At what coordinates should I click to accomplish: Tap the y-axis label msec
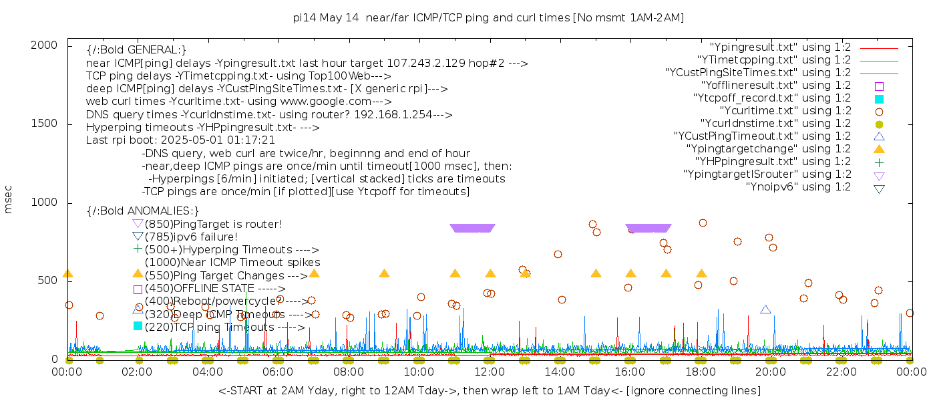point(9,199)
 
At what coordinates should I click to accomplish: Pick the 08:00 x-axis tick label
point(348,372)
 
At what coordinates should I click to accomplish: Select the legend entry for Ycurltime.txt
point(785,111)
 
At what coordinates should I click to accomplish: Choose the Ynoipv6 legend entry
point(798,187)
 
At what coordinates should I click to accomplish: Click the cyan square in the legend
point(879,99)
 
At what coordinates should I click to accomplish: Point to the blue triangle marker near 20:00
point(765,309)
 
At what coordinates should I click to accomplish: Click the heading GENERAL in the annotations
point(136,50)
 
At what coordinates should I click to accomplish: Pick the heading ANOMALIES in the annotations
point(143,211)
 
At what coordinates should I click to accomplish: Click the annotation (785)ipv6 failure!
point(191,237)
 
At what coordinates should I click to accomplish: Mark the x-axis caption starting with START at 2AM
point(489,390)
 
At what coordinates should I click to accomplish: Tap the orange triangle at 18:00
point(701,273)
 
